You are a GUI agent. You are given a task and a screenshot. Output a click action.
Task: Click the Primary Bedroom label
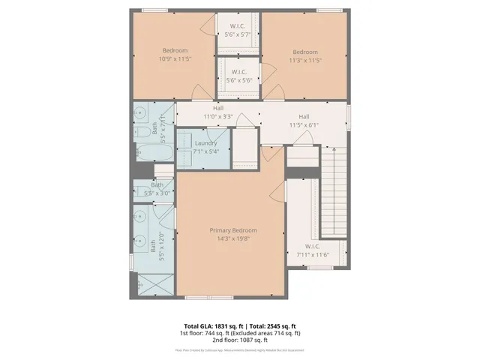point(232,230)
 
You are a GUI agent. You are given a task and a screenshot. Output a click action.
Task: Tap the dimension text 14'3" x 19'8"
point(232,239)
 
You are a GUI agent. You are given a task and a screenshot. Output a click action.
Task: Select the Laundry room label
point(205,142)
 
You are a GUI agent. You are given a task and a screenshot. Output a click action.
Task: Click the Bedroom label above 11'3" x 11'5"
point(305,52)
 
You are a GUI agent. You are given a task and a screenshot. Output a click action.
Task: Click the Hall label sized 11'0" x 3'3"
point(218,108)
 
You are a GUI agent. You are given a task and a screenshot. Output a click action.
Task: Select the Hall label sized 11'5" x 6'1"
point(304,116)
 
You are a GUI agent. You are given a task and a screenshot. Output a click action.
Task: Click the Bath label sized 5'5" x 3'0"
point(157,184)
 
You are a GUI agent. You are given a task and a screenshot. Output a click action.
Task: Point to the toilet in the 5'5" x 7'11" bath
point(142,134)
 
